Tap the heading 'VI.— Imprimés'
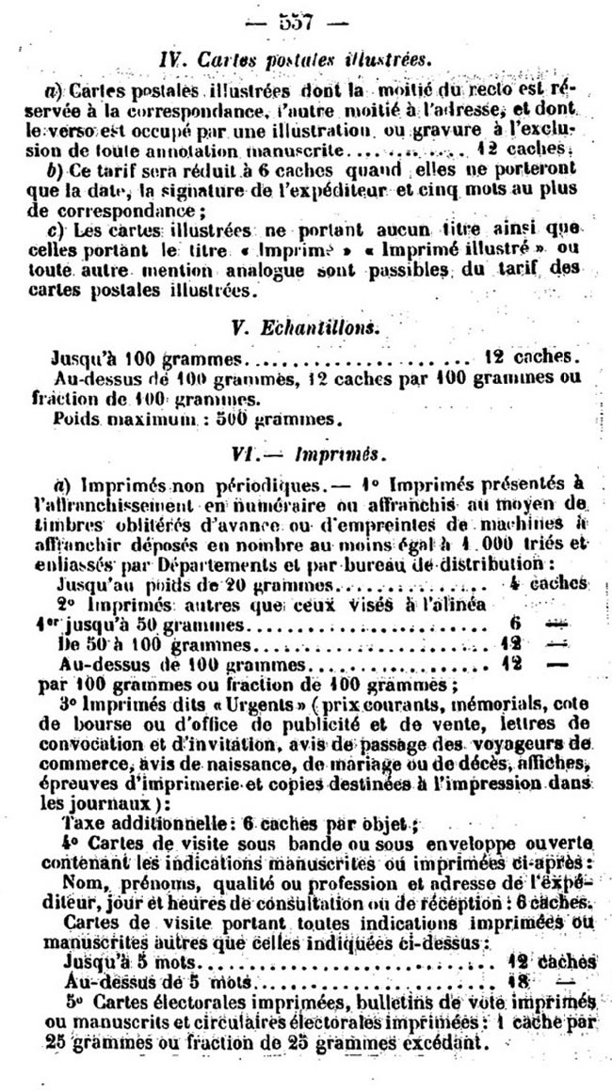(x=307, y=453)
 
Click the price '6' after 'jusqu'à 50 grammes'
(x=514, y=625)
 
